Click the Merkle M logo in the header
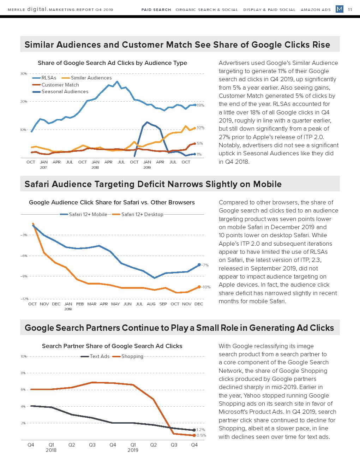[x=339, y=9]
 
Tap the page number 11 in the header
[x=350, y=10]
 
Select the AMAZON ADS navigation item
[x=316, y=10]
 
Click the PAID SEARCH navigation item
[x=156, y=10]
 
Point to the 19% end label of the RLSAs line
[x=200, y=105]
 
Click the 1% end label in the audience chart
[x=199, y=154]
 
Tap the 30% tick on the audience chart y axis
[x=23, y=73]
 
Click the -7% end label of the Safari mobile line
[x=205, y=265]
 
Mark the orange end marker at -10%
[x=199, y=287]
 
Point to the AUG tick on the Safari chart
[x=151, y=304]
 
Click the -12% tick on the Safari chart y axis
[x=24, y=299]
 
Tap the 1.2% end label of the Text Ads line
[x=200, y=430]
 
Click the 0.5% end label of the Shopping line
[x=201, y=435]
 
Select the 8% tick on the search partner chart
[x=23, y=373]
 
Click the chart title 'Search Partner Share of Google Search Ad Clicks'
[x=112, y=346]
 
